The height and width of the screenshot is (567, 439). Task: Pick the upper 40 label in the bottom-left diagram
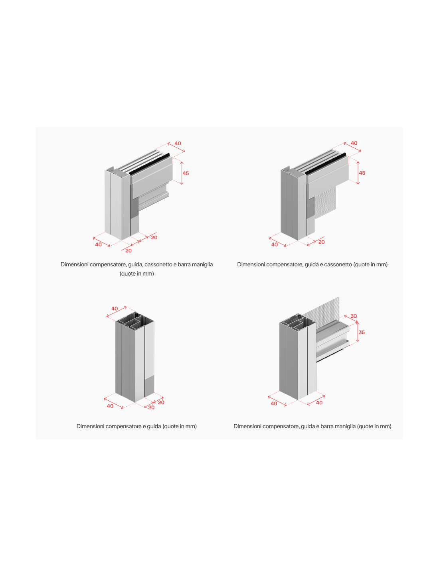115,308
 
